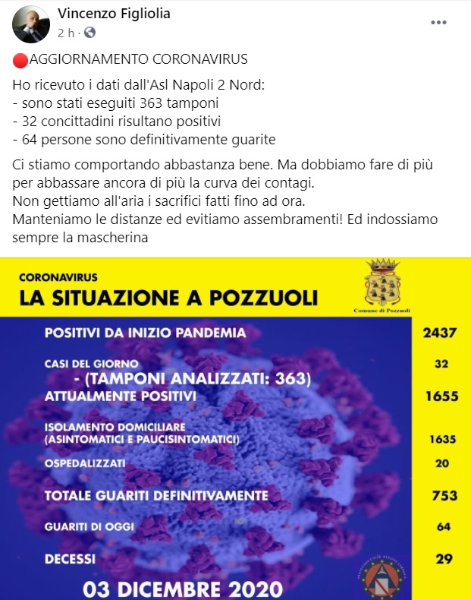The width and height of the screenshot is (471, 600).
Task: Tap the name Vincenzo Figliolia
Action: coord(115,14)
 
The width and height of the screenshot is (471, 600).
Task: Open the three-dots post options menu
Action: coord(438,23)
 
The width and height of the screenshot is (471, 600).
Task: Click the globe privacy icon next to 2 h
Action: coord(90,33)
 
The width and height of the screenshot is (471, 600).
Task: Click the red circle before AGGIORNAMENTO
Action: coord(20,59)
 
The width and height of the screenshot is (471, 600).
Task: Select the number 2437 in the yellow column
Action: coord(441,333)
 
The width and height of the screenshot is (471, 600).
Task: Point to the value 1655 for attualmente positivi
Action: coord(441,396)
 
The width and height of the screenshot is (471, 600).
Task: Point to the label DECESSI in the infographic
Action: coord(70,559)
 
